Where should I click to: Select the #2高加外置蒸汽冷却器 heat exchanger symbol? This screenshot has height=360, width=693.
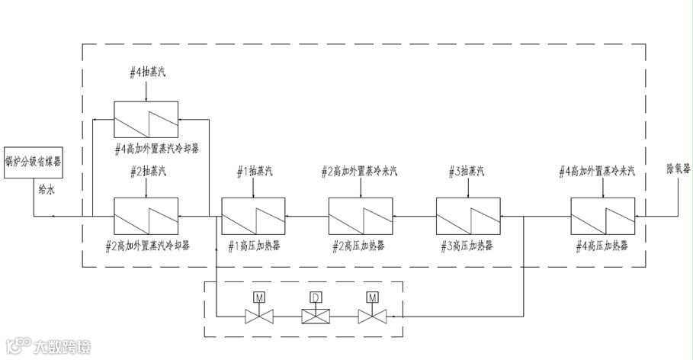146,217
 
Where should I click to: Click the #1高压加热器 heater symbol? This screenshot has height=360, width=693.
253,217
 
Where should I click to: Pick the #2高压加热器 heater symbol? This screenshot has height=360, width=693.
361,217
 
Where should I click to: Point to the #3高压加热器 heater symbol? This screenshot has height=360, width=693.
467,217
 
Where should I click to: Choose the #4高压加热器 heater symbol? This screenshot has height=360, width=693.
602,217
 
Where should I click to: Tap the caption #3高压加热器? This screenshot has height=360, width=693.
467,247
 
